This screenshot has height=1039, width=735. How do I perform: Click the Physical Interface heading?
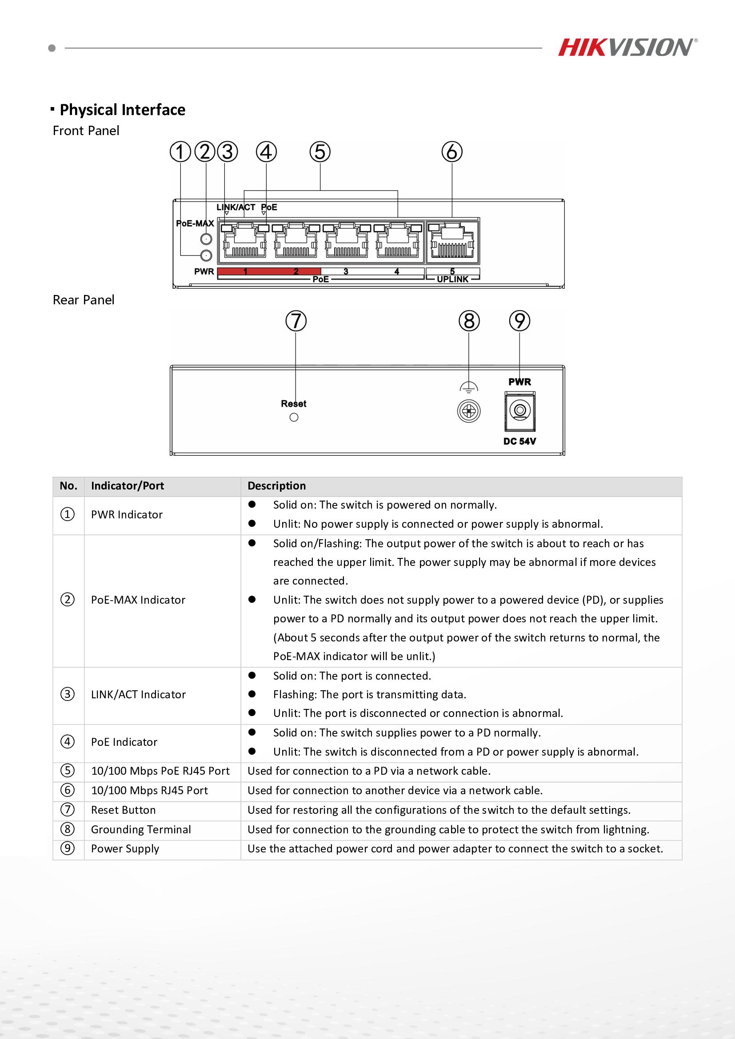tap(122, 110)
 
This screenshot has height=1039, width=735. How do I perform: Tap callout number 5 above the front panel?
tap(320, 152)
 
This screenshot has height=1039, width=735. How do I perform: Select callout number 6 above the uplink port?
tap(451, 152)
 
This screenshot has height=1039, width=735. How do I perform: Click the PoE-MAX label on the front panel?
tap(195, 223)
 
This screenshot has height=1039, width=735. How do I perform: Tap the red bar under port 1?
tap(244, 271)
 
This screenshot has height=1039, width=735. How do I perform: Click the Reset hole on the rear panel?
tap(294, 417)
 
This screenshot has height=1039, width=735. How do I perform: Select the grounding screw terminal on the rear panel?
tap(469, 412)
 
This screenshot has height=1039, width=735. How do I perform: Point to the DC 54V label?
tap(519, 441)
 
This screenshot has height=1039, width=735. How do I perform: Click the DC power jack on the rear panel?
tap(519, 411)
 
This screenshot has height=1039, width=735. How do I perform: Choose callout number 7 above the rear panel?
tap(296, 321)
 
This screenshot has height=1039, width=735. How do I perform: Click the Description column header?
tap(276, 486)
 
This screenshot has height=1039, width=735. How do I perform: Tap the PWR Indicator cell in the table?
tap(127, 515)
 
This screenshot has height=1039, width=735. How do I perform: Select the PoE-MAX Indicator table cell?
tap(138, 600)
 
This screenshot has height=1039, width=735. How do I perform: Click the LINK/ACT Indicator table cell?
tap(138, 695)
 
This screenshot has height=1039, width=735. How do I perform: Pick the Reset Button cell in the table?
tap(123, 810)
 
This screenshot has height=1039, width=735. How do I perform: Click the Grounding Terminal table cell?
tap(141, 829)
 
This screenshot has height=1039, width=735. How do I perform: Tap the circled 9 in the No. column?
tap(68, 848)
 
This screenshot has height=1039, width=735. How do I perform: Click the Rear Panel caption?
tap(83, 300)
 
